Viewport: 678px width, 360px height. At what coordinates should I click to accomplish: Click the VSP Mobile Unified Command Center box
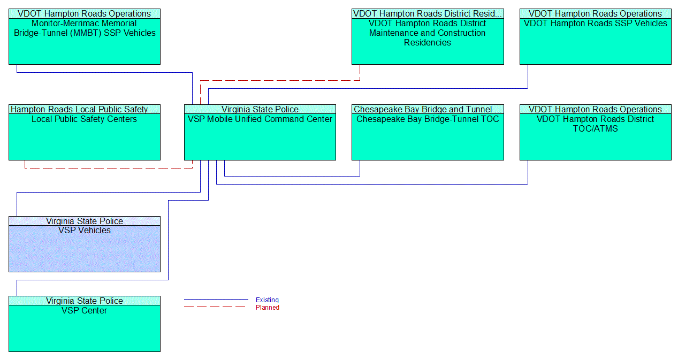pos(260,136)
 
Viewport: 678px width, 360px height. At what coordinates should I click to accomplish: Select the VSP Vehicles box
pos(85,249)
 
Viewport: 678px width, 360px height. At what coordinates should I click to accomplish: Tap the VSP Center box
pos(85,328)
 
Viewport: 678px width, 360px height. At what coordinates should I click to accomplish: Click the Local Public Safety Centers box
pos(85,136)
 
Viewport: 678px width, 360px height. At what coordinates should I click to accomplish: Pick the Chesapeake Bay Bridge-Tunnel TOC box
pos(428,136)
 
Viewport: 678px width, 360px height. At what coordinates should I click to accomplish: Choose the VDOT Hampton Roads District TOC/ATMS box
pos(595,136)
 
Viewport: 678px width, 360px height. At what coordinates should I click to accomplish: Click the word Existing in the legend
pos(267,300)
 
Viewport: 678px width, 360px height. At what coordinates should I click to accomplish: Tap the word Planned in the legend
pos(267,308)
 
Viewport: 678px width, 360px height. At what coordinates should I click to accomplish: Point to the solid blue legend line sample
pos(216,300)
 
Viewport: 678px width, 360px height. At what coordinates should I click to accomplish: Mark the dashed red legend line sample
pos(216,307)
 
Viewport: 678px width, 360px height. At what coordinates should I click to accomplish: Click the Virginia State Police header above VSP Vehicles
pos(85,221)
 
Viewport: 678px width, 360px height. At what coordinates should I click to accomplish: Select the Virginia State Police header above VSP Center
pos(85,301)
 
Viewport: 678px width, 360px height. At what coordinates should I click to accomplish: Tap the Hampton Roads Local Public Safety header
pos(85,109)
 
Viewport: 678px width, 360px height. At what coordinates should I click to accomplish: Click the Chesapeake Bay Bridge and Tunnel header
pos(428,109)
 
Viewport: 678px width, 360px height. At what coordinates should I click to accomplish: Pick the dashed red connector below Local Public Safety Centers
pos(107,168)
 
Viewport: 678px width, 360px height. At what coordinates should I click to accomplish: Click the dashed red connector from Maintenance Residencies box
pos(278,80)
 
